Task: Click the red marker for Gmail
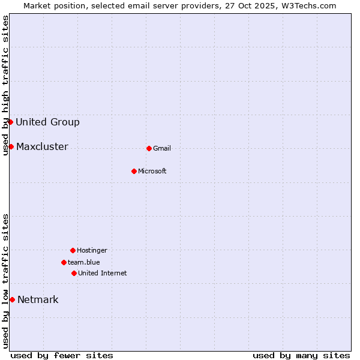tap(149, 148)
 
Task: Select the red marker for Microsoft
tap(134, 171)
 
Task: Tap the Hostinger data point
tap(73, 250)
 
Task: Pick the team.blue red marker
tap(64, 262)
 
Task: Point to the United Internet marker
tap(74, 273)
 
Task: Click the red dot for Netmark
tap(12, 299)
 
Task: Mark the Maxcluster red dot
tap(11, 146)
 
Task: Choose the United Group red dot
tap(10, 122)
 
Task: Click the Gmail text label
tap(162, 149)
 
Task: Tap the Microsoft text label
tap(152, 172)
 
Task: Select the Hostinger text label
tap(92, 251)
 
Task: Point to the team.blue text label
tap(84, 263)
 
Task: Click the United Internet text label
tap(103, 274)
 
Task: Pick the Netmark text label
tap(38, 300)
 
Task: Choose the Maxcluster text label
tap(42, 147)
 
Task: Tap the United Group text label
tap(47, 122)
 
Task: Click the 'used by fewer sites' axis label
tap(62, 355)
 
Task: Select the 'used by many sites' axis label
tap(301, 355)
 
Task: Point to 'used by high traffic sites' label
tap(5, 85)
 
